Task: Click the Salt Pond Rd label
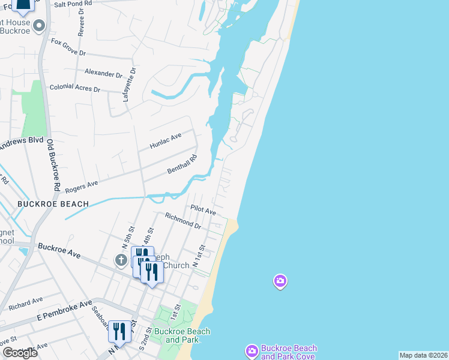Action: click(73, 4)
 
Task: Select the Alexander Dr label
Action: click(103, 74)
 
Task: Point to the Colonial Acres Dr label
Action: click(74, 88)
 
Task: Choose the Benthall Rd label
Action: click(182, 165)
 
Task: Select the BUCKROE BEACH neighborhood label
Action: click(53, 204)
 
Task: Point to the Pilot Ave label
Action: click(203, 211)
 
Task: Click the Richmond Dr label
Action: click(183, 220)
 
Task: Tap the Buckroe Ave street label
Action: click(59, 250)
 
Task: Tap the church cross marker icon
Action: click(121, 260)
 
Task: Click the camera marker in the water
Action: click(280, 280)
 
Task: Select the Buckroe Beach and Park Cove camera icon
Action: click(252, 350)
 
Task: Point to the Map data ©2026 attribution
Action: click(424, 355)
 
